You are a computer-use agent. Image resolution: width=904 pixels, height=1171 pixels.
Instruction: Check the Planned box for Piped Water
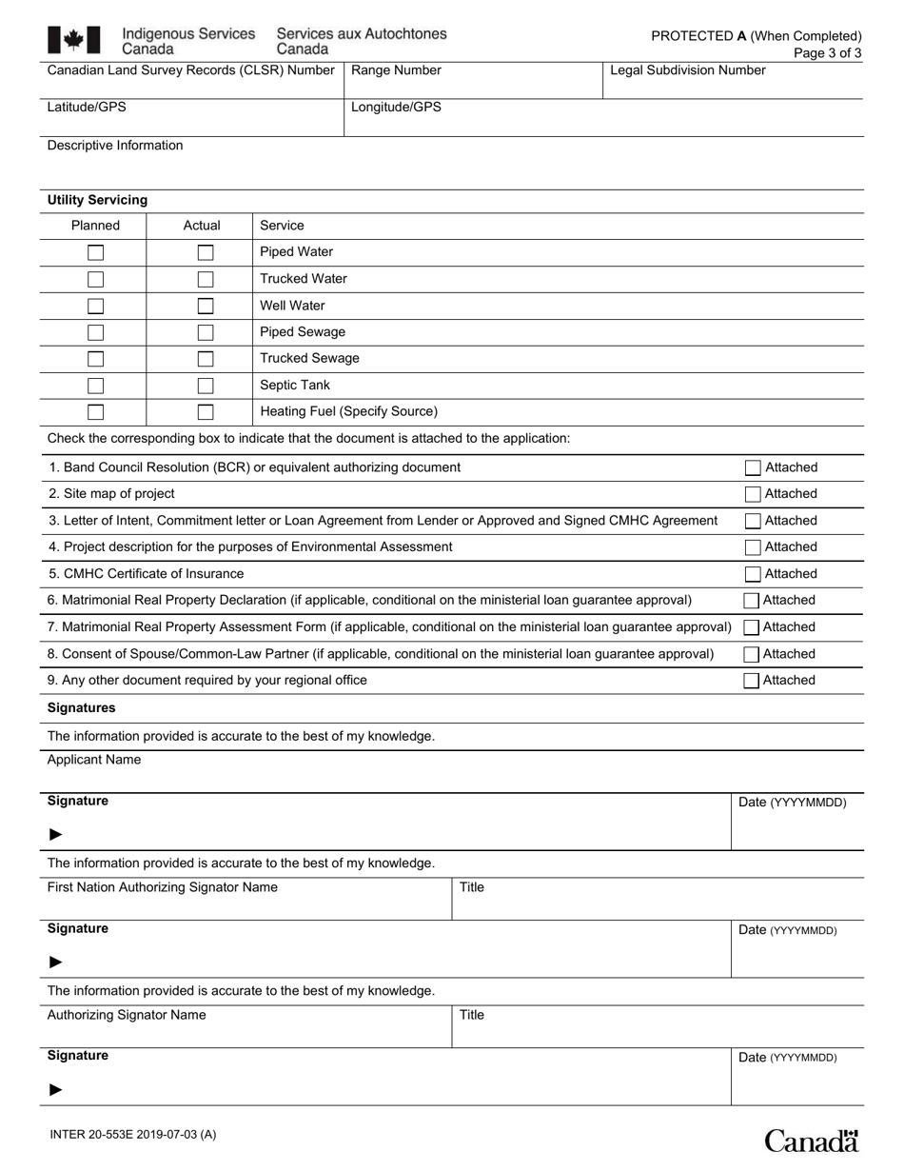(x=96, y=252)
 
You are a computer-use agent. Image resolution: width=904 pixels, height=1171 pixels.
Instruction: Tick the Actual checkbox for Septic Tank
(x=206, y=386)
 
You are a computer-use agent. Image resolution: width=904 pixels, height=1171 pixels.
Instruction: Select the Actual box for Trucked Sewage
(x=206, y=359)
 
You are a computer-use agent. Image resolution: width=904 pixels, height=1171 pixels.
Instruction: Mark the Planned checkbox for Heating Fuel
(x=96, y=412)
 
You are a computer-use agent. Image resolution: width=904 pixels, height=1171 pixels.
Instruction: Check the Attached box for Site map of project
(x=753, y=494)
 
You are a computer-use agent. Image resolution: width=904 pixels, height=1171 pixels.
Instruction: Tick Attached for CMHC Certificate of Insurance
(x=753, y=574)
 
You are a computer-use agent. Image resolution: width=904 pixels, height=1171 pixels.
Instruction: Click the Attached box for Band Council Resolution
(x=753, y=467)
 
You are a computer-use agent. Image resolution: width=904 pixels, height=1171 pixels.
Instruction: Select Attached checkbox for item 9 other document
(x=752, y=681)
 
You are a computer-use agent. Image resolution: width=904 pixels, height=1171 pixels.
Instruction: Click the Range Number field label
(x=396, y=70)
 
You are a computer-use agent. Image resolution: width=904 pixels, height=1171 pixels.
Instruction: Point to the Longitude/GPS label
(x=396, y=108)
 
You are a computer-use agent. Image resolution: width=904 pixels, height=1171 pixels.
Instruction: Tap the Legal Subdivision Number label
(x=687, y=70)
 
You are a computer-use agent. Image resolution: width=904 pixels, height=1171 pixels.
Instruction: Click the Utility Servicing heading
(x=97, y=200)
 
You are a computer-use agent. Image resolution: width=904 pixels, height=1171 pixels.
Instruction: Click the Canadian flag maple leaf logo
(x=73, y=40)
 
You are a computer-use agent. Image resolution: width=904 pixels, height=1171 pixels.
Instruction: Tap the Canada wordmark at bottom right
(x=812, y=1140)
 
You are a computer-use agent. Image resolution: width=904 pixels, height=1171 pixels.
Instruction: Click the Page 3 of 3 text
(x=827, y=53)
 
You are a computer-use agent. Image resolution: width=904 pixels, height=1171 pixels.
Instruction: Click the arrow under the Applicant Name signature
(x=56, y=834)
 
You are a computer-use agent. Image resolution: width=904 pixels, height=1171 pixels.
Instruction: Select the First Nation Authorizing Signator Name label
(x=163, y=887)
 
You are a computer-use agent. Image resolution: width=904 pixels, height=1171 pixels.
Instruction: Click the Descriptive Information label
(x=115, y=146)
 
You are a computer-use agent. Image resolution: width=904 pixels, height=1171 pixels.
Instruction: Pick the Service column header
(x=282, y=226)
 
